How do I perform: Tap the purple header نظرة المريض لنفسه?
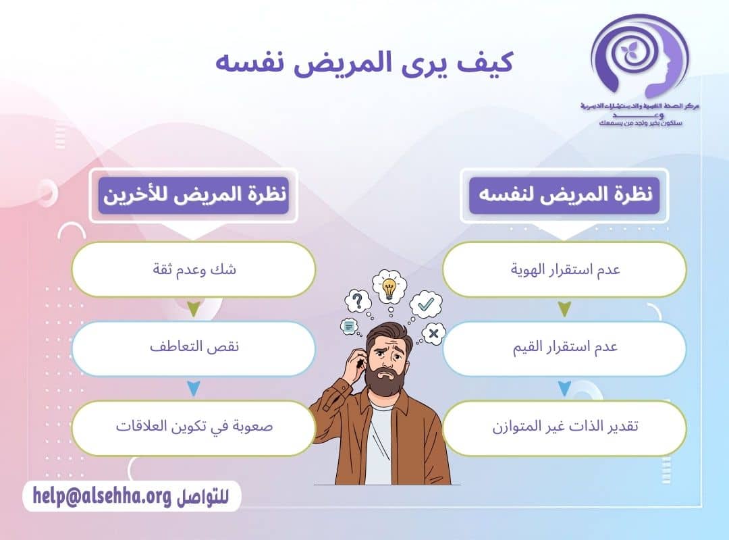564,194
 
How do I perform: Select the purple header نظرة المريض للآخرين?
194,194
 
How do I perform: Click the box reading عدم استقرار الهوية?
564,269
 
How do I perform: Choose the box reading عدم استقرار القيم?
564,348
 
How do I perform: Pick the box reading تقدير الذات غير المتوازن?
564,427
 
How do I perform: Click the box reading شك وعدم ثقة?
194,269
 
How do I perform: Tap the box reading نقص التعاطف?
194,348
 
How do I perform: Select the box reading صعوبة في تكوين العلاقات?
194,427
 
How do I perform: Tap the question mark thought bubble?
358,300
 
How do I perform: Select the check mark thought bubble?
425,304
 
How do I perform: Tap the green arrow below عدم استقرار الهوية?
564,309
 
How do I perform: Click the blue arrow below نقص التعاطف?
194,389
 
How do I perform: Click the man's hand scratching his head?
354,362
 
